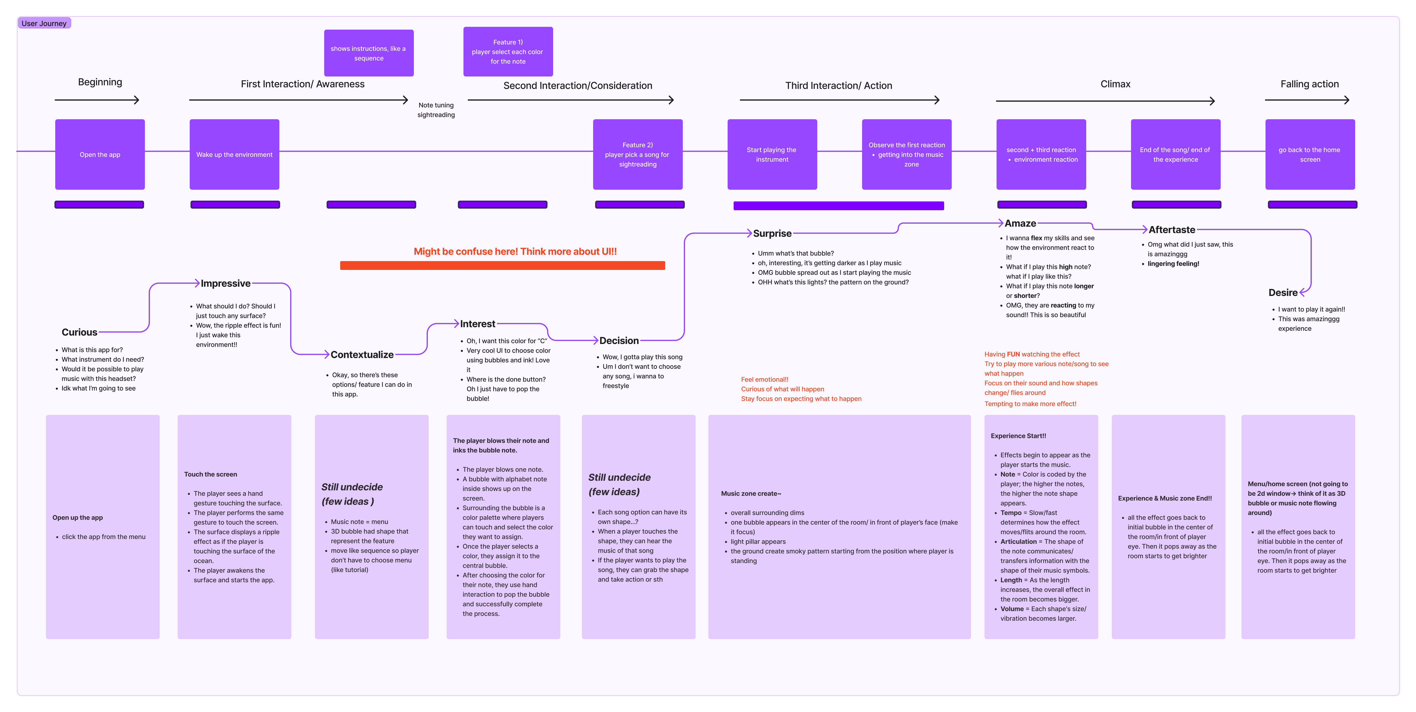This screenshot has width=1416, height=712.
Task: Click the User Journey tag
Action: pos(44,23)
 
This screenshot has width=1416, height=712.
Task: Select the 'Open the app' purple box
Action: pos(100,155)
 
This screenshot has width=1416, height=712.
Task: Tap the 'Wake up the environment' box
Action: pos(234,155)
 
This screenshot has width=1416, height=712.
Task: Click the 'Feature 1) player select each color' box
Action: pos(508,52)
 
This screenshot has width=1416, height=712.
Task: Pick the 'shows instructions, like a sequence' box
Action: pos(369,53)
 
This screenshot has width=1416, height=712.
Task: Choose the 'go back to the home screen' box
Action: pos(1310,155)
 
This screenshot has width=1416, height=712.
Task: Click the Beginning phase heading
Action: pos(100,82)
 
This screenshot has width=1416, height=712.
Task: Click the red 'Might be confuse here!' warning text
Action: pos(515,251)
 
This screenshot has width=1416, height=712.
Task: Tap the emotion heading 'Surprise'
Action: pos(772,233)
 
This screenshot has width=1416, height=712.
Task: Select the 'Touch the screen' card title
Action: pos(211,474)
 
